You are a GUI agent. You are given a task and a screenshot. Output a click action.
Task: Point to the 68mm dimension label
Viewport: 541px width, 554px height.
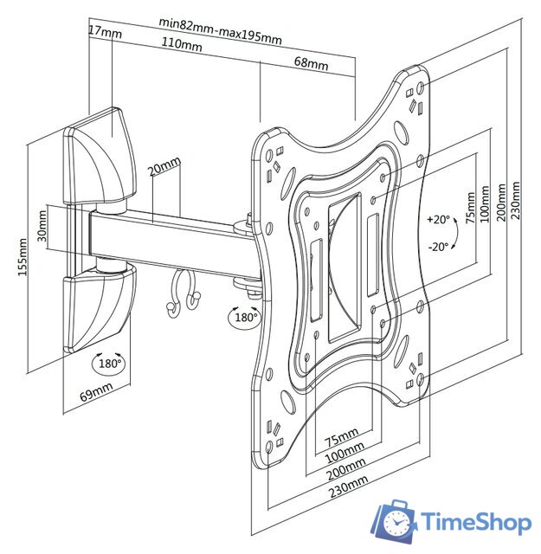pyautogui.click(x=311, y=63)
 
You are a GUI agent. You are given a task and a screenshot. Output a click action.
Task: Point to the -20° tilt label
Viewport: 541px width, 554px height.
pyautogui.click(x=438, y=246)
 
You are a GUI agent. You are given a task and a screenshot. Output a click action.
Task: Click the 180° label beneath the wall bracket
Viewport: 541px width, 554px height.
pyautogui.click(x=109, y=363)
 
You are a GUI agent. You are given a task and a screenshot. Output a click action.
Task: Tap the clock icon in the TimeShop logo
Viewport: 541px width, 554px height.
pyautogui.click(x=396, y=523)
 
